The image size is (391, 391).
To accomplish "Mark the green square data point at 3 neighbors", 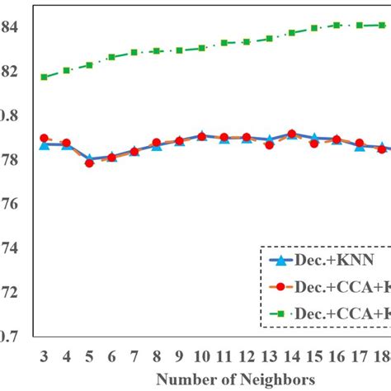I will (44, 77).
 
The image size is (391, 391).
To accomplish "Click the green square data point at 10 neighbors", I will (201, 48).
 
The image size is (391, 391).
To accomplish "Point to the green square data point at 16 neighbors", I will (337, 25).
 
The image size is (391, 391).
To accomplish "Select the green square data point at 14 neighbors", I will (292, 33).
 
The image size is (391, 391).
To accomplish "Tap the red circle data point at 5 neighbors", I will (89, 163).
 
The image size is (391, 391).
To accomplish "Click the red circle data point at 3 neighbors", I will (44, 138).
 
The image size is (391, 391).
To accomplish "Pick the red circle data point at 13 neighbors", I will (269, 144).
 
